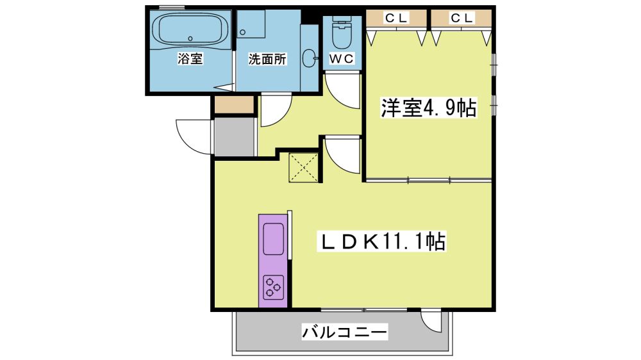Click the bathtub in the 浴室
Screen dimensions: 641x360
(x=190, y=29)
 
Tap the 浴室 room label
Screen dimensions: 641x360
(x=190, y=59)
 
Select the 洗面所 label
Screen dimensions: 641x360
(x=267, y=59)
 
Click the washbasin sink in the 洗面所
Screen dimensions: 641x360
(x=310, y=58)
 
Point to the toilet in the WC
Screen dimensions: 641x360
(x=342, y=32)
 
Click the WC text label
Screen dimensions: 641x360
(x=342, y=59)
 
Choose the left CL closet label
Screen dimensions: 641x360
(x=396, y=18)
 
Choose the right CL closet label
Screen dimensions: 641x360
(x=462, y=18)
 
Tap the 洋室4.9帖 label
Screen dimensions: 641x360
(x=429, y=108)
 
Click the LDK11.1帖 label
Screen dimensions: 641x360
(x=382, y=241)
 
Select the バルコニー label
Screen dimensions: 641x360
(x=344, y=331)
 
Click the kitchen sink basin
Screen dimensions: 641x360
(x=274, y=239)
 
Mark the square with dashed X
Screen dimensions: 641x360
(x=303, y=168)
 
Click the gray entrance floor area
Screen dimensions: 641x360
(x=234, y=137)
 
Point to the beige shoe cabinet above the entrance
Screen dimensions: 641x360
(x=234, y=104)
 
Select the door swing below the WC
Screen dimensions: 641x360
(x=342, y=91)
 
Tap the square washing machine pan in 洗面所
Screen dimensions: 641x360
(x=251, y=24)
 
